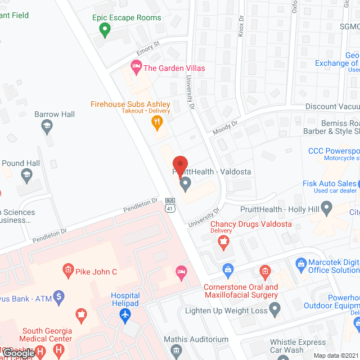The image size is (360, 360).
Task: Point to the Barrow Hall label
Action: [x=55, y=114]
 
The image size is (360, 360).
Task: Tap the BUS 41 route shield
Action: [x=170, y=205]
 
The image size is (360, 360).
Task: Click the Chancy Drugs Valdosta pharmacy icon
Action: [x=224, y=242]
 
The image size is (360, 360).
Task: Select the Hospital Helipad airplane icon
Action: [x=125, y=317]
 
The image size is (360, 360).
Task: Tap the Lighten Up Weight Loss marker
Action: [x=275, y=309]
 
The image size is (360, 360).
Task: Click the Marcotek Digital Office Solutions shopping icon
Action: [x=300, y=263]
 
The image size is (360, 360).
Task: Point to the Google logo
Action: [x=19, y=353]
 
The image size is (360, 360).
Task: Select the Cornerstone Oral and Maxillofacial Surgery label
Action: [x=241, y=291]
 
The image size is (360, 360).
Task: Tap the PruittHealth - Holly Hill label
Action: [x=280, y=209]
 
